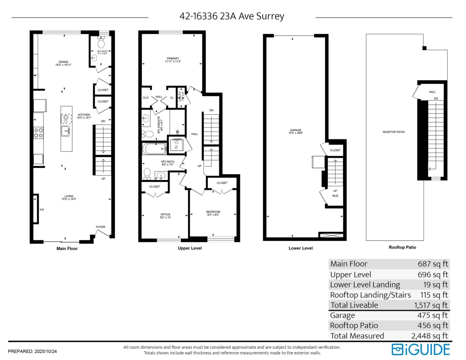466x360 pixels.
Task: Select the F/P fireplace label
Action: coord(42,210)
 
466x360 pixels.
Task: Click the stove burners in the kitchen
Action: coord(38,133)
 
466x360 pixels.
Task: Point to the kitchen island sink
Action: coord(66,131)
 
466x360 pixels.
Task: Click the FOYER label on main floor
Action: coord(101,227)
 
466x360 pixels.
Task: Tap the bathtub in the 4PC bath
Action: coord(154,148)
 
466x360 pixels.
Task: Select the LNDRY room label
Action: coord(177,139)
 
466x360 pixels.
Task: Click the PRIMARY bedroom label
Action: coord(173,59)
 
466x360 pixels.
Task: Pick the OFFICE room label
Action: coord(165,214)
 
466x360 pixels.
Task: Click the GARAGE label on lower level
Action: coord(295,130)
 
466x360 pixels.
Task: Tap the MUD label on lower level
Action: coord(335,197)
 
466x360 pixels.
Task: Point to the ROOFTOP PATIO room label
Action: coord(394,132)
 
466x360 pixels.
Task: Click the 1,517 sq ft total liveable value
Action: coord(431,305)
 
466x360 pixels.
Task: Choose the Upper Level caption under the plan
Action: coord(190,248)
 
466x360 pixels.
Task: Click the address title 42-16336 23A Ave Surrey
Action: coord(232,16)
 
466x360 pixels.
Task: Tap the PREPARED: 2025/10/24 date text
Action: coord(33,351)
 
